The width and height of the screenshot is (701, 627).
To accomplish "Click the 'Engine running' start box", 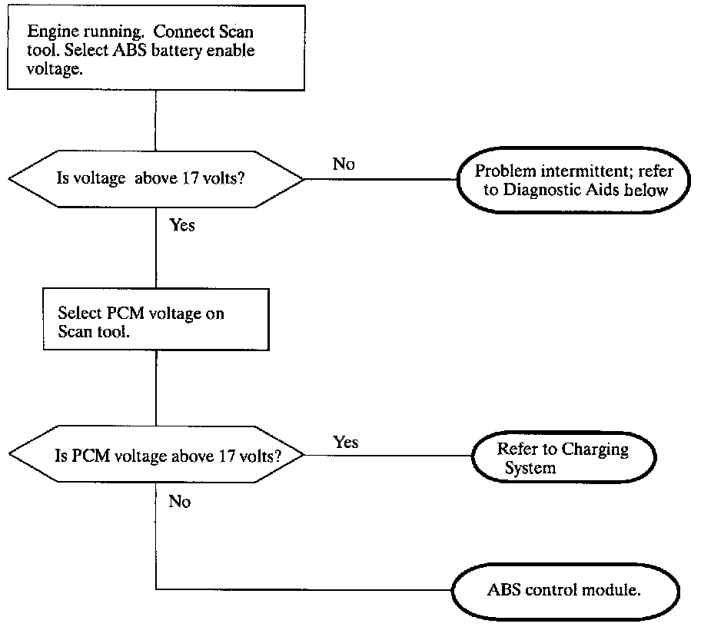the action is click(156, 48).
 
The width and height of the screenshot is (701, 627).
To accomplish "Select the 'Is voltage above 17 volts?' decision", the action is click(156, 179).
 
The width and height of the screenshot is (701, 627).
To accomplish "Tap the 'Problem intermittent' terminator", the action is click(573, 180).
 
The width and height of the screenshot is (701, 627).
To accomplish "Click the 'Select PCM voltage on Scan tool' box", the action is click(156, 320).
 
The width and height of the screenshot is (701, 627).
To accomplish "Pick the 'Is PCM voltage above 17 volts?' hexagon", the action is click(156, 454).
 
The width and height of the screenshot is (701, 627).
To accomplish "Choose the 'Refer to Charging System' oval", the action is click(563, 457).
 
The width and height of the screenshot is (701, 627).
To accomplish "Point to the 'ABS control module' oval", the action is click(566, 591).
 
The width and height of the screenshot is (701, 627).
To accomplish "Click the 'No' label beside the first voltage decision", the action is click(344, 164).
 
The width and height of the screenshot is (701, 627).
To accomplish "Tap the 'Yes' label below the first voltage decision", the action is click(182, 225).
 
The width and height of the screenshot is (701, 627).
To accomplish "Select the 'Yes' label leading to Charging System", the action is click(346, 442).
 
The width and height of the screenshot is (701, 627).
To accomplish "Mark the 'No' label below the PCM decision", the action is click(180, 502).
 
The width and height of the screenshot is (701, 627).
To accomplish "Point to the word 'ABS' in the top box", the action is click(130, 50).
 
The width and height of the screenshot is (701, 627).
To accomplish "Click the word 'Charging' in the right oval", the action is click(595, 450).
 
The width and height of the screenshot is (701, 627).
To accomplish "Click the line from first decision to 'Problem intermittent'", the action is click(380, 179).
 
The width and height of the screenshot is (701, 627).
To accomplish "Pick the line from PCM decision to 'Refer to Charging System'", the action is click(387, 456).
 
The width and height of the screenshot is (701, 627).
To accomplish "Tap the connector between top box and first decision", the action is click(155, 121).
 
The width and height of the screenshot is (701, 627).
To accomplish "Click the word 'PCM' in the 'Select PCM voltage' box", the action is click(125, 313).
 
